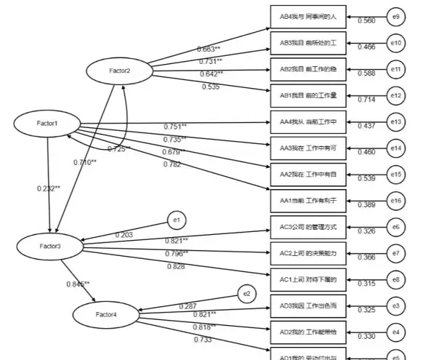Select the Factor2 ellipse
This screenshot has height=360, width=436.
[x=119, y=71]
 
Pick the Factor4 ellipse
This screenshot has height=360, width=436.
[x=106, y=315]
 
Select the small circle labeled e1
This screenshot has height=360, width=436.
[x=177, y=218]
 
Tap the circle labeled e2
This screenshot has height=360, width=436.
[x=247, y=292]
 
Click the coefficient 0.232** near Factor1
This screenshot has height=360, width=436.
[x=49, y=188]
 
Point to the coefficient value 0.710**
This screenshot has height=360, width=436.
[x=84, y=162]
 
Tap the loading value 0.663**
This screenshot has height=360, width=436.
[x=209, y=49]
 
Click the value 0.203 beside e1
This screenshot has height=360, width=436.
[x=124, y=235]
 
